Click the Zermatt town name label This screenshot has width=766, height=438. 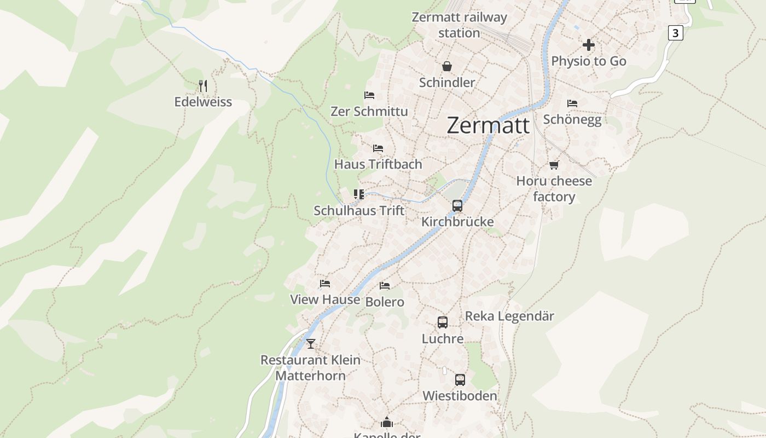click(x=488, y=125)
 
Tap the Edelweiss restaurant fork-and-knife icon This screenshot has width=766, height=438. click(x=203, y=85)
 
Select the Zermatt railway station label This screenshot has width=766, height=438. click(x=459, y=25)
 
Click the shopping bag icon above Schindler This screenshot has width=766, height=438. click(x=447, y=66)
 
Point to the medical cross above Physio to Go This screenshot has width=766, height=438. click(x=589, y=45)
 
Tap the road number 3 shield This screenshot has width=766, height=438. click(x=675, y=33)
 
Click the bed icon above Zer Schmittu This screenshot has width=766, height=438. click(x=369, y=95)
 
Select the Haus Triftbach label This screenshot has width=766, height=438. click(x=378, y=164)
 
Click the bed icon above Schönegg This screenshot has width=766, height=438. click(x=572, y=103)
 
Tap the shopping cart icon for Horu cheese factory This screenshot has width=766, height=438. click(x=554, y=165)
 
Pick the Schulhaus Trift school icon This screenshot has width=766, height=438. click(x=359, y=194)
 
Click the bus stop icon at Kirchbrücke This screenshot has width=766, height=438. click(x=457, y=206)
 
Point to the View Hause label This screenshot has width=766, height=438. click(x=325, y=299)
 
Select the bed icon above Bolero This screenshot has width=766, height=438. click(x=385, y=286)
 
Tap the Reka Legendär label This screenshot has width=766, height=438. click(x=509, y=316)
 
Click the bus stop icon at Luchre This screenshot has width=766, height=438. click(x=443, y=322)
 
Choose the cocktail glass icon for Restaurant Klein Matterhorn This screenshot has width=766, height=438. click(x=311, y=344)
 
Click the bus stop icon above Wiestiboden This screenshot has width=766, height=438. click(x=460, y=379)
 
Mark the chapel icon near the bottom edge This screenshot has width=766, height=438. click(x=387, y=422)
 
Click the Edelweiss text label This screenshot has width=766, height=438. click(x=203, y=102)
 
